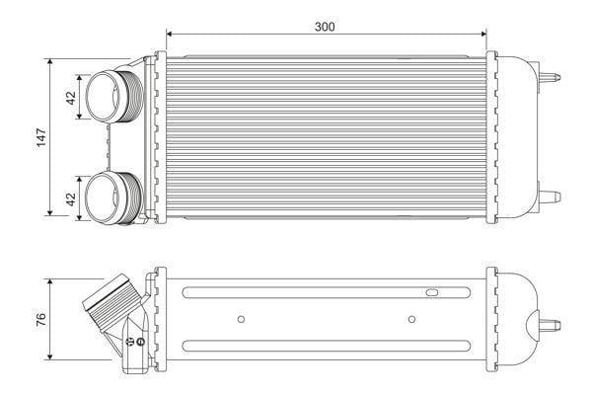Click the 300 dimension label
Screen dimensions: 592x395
[325, 27]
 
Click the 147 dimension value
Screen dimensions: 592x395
[40, 137]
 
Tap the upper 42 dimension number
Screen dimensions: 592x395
[71, 98]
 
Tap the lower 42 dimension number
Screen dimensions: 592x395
[71, 199]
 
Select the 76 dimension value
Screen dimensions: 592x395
[40, 320]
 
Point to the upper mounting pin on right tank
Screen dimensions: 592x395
[550, 77]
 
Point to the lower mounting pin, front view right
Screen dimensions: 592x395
[550, 197]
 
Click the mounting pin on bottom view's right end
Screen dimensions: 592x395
[550, 325]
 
